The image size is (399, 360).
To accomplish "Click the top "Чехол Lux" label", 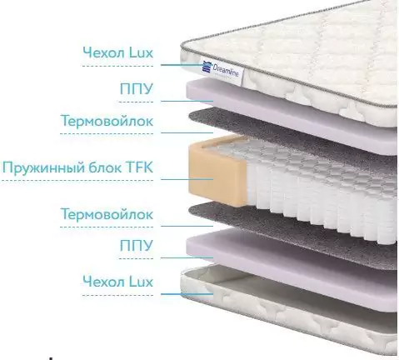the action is [x=118, y=52].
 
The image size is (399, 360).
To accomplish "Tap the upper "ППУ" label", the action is [x=137, y=88].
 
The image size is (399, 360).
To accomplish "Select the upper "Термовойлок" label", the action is [x=107, y=121].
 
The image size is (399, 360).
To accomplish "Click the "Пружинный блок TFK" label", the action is [x=77, y=167].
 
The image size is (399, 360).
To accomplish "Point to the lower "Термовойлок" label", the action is [x=107, y=214].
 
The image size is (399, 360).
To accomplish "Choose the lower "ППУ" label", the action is [x=137, y=246].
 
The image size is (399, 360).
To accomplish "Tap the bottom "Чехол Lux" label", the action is [x=118, y=282].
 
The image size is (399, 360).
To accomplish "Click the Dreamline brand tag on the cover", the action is [x=223, y=71].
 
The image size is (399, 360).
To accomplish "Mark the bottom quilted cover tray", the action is [x=289, y=308].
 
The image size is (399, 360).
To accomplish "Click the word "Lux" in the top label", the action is [x=141, y=52].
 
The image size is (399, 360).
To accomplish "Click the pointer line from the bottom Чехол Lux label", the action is [x=187, y=294].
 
